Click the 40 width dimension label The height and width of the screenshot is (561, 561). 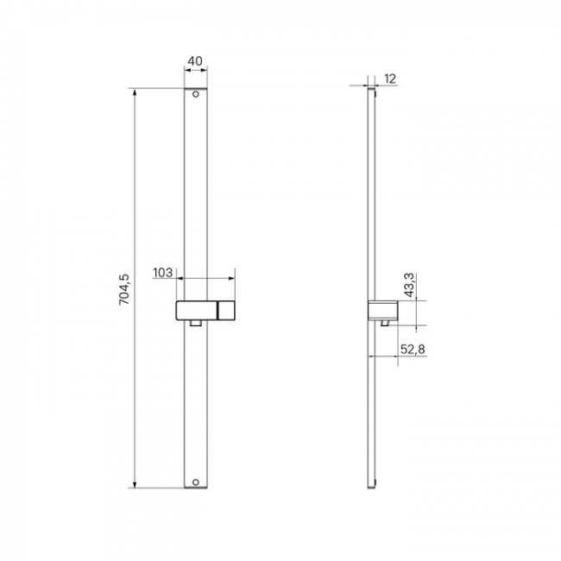(x=195, y=61)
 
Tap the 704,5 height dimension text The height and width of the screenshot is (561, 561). (x=124, y=289)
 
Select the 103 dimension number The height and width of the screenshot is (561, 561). (x=163, y=273)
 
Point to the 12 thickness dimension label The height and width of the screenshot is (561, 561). (x=390, y=79)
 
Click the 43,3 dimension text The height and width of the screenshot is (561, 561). (x=409, y=285)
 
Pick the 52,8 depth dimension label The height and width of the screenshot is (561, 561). (x=413, y=350)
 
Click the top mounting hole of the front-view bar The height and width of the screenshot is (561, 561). (x=196, y=94)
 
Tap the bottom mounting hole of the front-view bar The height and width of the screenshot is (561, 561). (x=196, y=482)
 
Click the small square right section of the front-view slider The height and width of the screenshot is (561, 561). (x=226, y=311)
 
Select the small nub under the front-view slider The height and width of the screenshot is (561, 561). (x=196, y=323)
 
